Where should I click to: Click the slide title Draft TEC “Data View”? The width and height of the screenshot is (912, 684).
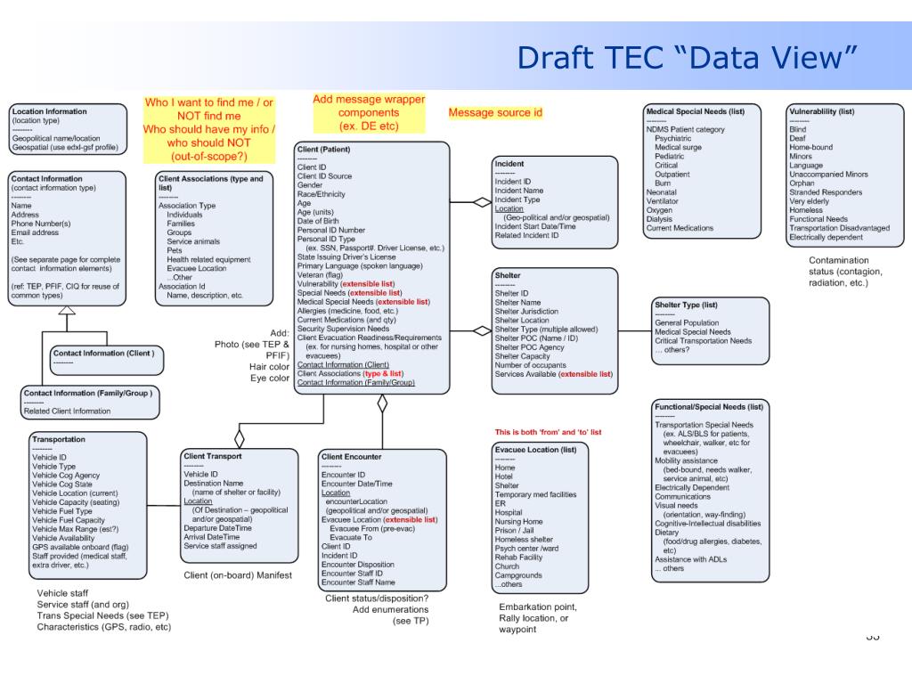[687, 58]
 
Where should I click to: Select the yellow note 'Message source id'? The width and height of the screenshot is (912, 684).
[495, 112]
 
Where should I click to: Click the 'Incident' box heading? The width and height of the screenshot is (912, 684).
[509, 164]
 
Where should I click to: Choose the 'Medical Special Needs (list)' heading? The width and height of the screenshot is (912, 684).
[695, 111]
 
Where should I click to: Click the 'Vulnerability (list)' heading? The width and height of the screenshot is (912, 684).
[821, 111]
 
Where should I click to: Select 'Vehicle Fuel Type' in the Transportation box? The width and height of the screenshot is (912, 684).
[62, 511]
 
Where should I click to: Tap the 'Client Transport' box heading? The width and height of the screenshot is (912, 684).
[212, 456]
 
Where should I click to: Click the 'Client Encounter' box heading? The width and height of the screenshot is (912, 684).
[351, 457]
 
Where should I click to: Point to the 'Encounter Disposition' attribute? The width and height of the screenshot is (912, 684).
[357, 565]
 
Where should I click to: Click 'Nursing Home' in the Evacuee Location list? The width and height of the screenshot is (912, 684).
[518, 522]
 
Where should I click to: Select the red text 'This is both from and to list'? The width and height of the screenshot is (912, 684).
[548, 432]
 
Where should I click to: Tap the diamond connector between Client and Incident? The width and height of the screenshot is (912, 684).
[482, 202]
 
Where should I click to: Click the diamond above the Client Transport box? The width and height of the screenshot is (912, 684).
[239, 437]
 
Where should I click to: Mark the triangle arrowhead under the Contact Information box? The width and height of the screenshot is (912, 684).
[67, 310]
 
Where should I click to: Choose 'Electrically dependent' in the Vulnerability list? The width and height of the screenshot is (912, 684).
[826, 238]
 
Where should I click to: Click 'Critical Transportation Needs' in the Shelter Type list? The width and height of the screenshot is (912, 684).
[704, 341]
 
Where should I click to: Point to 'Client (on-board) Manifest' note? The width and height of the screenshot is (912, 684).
[238, 575]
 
